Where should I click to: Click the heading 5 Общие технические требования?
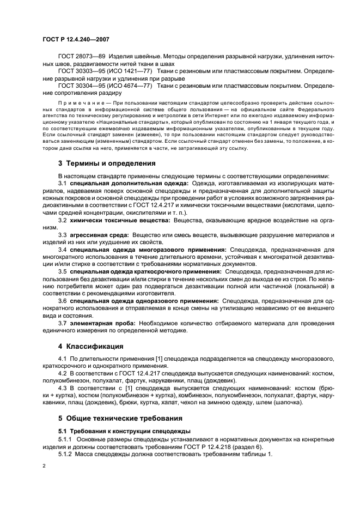point(120,418)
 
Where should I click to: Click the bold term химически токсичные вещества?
point(120,234)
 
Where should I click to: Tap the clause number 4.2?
point(63,374)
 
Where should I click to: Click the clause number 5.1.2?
point(66,454)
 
